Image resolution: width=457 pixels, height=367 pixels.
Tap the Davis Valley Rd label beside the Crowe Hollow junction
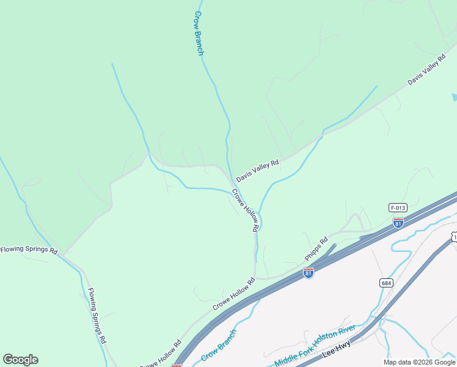[257, 171]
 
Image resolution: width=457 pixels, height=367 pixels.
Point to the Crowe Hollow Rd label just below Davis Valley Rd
[246, 210]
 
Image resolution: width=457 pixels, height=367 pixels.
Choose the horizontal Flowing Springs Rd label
[29, 250]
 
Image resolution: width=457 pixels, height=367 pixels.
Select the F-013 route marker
[398, 208]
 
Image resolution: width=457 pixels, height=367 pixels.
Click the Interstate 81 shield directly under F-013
[398, 223]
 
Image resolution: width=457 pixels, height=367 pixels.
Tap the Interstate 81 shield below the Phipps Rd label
[309, 273]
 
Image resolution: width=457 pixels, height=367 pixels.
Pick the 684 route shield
[386, 283]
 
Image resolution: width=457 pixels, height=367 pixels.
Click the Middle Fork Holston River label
[315, 345]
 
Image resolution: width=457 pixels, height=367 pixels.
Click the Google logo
[20, 360]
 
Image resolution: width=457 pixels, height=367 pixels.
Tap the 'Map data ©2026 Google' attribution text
[419, 362]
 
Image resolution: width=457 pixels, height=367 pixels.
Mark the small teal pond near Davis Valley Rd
[454, 97]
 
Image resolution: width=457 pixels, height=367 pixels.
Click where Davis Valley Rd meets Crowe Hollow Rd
[233, 181]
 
